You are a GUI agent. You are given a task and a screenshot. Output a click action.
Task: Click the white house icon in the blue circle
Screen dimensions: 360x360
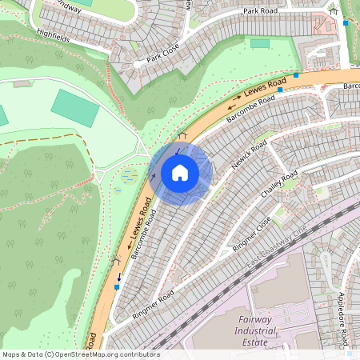click(180, 173)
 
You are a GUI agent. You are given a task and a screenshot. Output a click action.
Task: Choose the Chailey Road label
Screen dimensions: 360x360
click(279, 185)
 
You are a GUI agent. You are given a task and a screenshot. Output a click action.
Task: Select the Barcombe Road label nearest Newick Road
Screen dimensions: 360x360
click(250, 109)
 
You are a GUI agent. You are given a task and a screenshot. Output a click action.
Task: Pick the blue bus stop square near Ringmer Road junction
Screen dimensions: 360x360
click(118, 286)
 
